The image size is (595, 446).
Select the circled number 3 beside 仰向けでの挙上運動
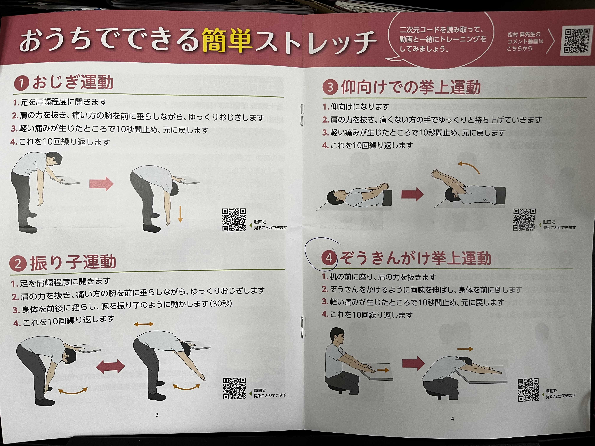(330, 87)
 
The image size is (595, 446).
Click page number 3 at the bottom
(157, 415)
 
